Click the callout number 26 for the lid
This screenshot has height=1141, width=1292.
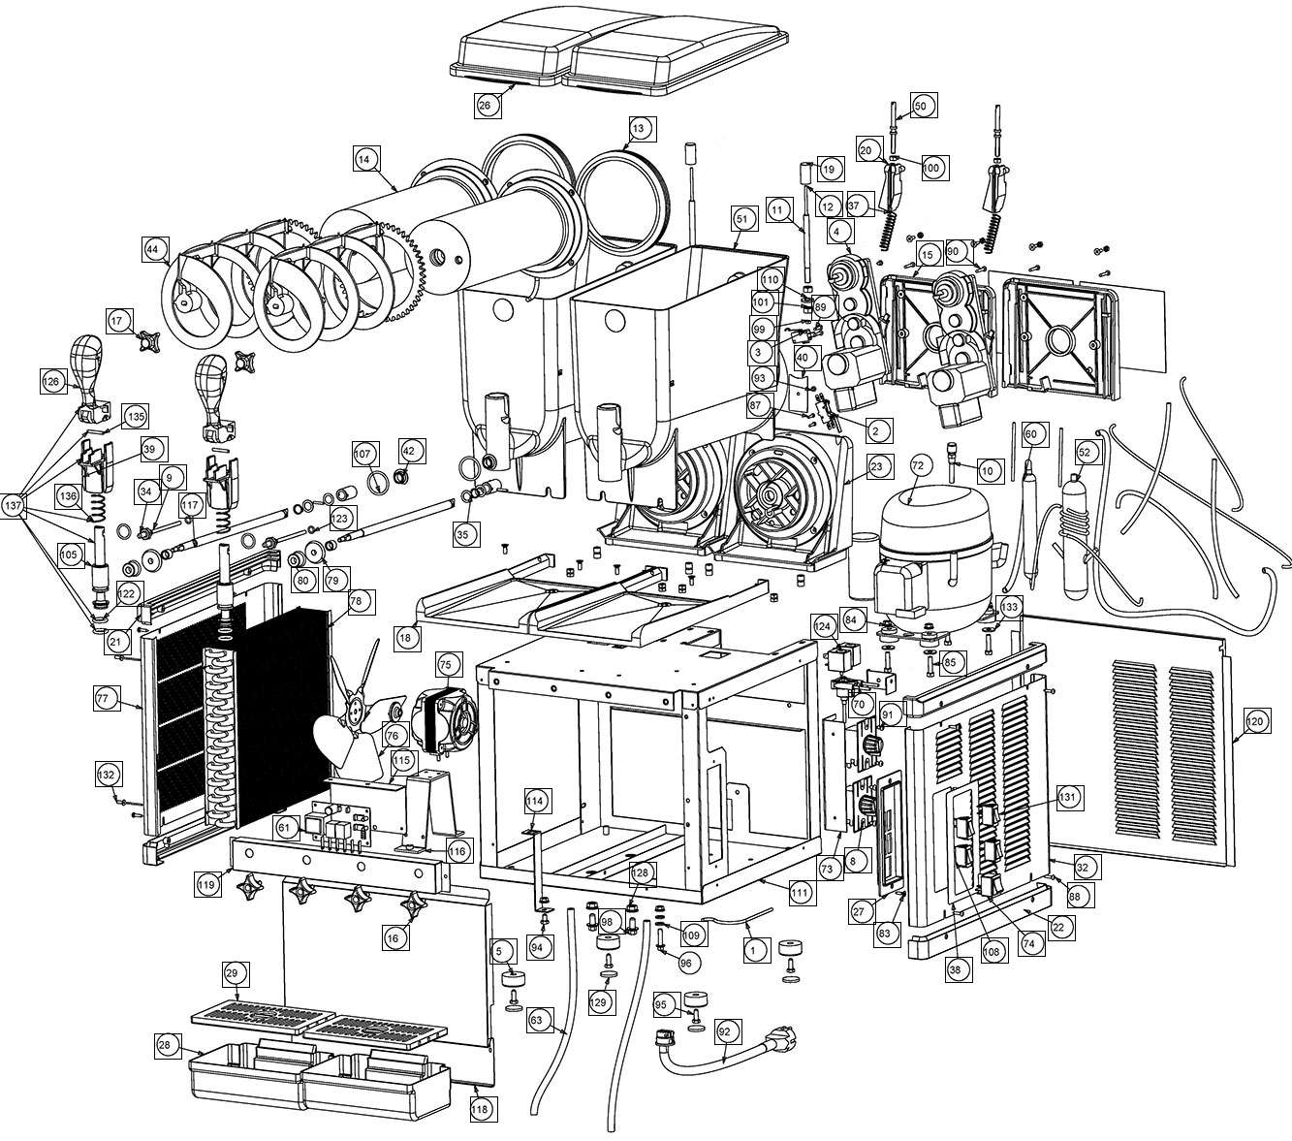(x=485, y=106)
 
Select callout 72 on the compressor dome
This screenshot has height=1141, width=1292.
(x=918, y=466)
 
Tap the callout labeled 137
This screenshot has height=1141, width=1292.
(x=13, y=505)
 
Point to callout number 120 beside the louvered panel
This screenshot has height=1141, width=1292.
(x=1254, y=721)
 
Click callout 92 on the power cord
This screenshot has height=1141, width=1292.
(x=724, y=1030)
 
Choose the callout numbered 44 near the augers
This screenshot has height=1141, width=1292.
(x=152, y=249)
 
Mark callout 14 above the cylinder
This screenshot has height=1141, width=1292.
(x=363, y=159)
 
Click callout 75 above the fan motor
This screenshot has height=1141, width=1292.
(x=445, y=665)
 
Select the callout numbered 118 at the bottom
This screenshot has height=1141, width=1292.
(x=480, y=1109)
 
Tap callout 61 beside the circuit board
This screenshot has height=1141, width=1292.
(x=284, y=829)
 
